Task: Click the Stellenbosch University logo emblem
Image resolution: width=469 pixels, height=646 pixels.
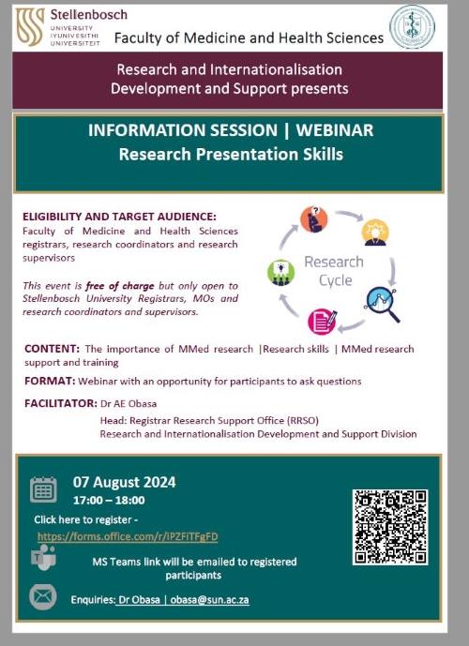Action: (30, 27)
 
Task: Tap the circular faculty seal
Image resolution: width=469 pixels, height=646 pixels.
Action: (412, 27)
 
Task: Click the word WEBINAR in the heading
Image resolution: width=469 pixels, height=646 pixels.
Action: (335, 130)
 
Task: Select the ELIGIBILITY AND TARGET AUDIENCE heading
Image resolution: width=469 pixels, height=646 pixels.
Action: (119, 217)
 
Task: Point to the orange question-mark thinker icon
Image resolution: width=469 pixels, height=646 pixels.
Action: (313, 219)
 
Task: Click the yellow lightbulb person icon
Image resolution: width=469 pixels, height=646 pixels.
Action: (375, 233)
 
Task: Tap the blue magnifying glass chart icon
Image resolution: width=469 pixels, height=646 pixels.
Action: (382, 304)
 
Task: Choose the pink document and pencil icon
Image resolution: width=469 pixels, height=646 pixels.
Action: (323, 322)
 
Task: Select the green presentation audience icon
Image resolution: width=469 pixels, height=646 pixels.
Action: (281, 273)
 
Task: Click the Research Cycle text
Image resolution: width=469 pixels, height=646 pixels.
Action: (334, 271)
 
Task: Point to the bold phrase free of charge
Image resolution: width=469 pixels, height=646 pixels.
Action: (120, 286)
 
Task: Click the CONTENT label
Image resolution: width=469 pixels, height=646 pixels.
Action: (52, 349)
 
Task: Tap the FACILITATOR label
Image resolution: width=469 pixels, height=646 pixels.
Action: (61, 403)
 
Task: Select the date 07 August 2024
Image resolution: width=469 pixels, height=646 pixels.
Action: (125, 482)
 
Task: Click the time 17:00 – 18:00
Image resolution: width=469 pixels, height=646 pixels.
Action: (109, 500)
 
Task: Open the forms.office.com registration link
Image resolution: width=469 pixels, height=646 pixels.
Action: (128, 537)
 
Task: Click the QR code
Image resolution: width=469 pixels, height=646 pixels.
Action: (390, 527)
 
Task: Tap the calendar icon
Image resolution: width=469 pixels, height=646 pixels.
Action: (43, 489)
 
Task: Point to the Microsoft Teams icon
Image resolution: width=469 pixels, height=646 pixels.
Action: (43, 558)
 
